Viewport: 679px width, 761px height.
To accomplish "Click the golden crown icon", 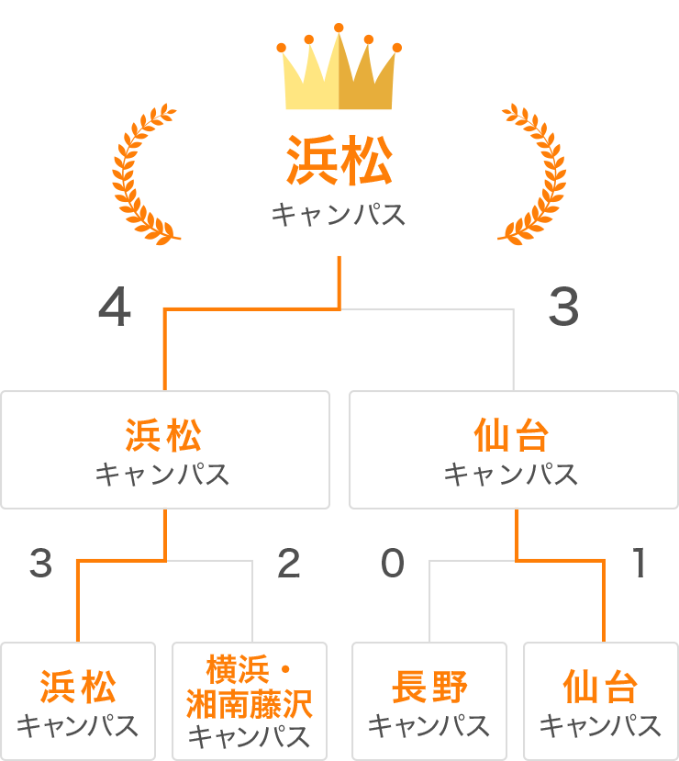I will coord(339,69).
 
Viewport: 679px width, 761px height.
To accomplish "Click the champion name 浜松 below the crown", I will coord(339,162).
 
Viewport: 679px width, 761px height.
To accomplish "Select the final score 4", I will coord(115,308).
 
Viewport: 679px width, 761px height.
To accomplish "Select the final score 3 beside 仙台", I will coord(563,308).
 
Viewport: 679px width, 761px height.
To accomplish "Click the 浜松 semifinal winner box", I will coord(165,450).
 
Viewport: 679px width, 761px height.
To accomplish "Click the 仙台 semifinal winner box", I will coord(513,450).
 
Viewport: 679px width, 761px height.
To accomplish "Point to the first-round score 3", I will coord(40,564).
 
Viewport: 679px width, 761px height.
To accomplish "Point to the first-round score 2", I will coord(289,564).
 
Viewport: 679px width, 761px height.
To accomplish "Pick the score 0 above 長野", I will coord(393,564).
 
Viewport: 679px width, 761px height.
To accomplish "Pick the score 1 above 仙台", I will coord(640,564).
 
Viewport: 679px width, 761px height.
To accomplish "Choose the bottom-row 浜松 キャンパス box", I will coord(78,700).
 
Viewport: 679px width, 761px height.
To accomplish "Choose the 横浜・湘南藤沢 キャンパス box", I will coord(250,700).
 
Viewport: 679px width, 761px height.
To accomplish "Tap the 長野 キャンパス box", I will coord(429,700).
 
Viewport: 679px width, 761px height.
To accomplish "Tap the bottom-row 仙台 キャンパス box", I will coord(600,700).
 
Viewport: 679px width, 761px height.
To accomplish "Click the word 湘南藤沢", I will coord(250,704).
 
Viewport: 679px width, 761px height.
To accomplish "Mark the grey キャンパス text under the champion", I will coord(339,216).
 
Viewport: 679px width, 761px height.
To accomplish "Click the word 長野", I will coord(429,687).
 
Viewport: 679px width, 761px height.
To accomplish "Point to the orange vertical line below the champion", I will coord(339,281).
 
